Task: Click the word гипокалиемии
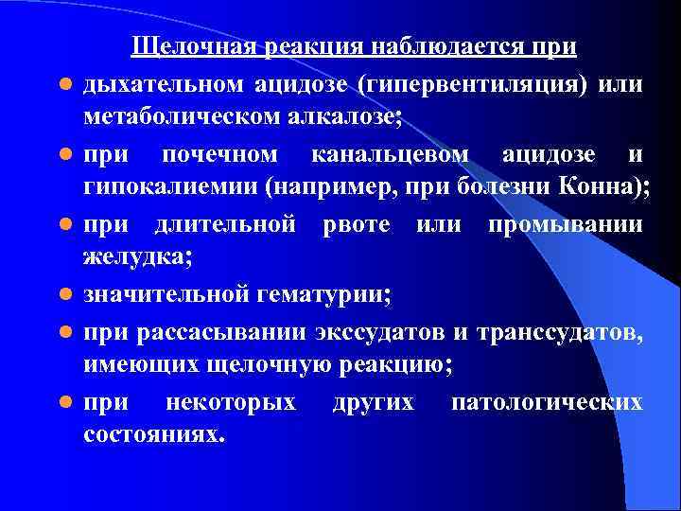tap(170, 186)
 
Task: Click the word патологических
tap(547, 402)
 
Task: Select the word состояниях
tap(154, 436)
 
